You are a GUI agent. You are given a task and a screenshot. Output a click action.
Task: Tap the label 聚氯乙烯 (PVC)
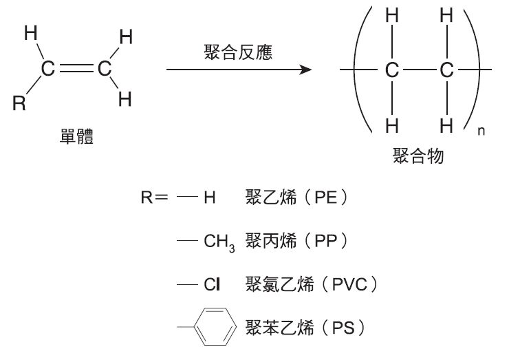coord(311,283)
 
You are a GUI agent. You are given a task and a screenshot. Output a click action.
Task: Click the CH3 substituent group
coord(219,242)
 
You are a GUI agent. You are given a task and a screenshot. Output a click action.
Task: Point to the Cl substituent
coord(211,283)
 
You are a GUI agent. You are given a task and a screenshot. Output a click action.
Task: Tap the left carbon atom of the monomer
coord(47,68)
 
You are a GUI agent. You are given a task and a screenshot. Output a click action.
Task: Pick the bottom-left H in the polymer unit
coord(392,125)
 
